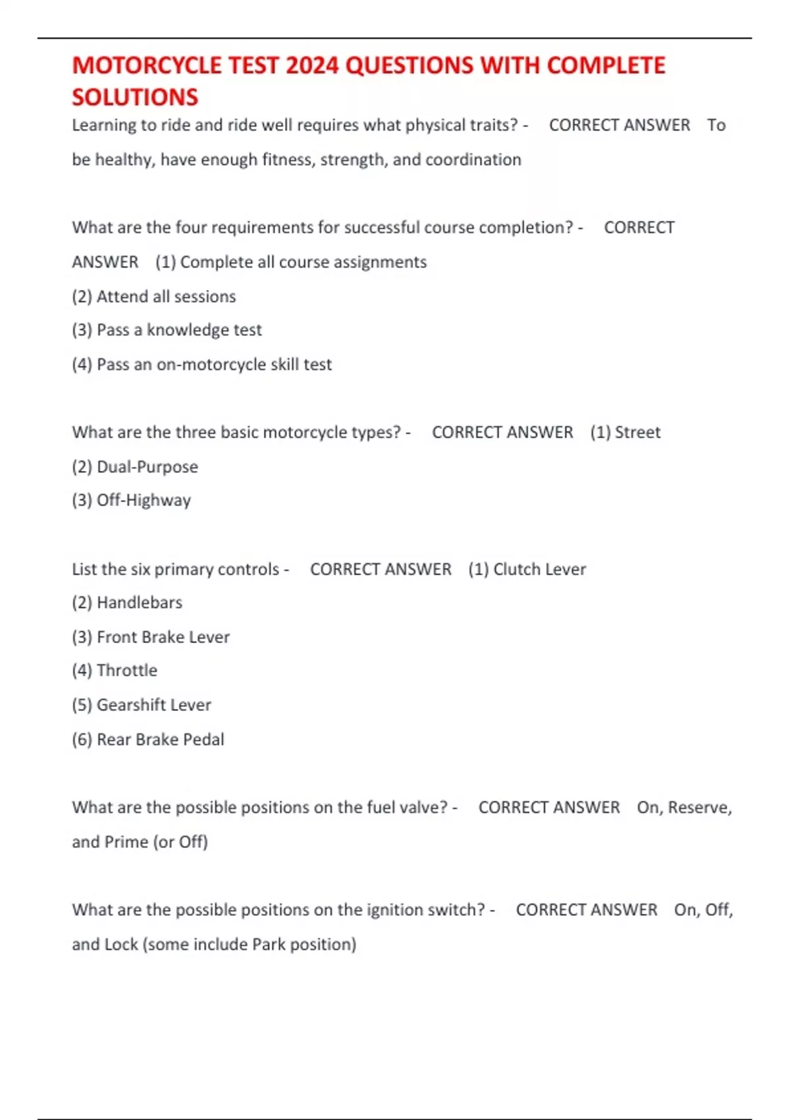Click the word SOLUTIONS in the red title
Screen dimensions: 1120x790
coord(135,98)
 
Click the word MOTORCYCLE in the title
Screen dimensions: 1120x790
coord(147,66)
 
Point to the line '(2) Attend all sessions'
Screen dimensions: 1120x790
coord(153,296)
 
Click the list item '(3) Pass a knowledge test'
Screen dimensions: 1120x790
coord(167,330)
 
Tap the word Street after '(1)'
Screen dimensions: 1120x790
coord(637,432)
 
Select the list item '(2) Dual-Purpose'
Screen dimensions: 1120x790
coord(135,467)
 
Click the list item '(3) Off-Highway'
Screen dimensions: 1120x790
coord(131,501)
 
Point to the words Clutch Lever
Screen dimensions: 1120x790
coord(539,569)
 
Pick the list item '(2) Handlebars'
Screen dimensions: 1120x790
coord(127,603)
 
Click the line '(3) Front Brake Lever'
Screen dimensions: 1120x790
coord(151,637)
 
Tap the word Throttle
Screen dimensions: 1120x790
coord(127,671)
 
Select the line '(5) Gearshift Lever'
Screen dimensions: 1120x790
coord(142,705)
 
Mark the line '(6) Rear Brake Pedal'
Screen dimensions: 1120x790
coord(148,739)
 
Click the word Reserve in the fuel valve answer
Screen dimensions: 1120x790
coord(699,808)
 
